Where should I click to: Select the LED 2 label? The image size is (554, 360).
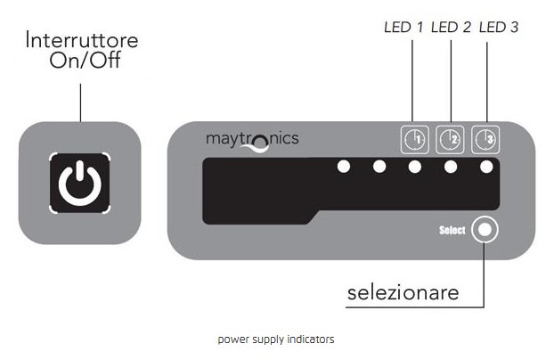pyautogui.click(x=451, y=28)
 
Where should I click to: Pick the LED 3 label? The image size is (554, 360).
pyautogui.click(x=499, y=28)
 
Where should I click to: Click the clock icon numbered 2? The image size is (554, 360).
pyautogui.click(x=451, y=138)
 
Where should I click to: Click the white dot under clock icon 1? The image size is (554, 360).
pyautogui.click(x=415, y=167)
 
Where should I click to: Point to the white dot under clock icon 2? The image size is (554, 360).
pyautogui.click(x=451, y=167)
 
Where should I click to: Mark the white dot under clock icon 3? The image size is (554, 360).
pyautogui.click(x=486, y=167)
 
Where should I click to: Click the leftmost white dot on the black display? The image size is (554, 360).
pyautogui.click(x=343, y=167)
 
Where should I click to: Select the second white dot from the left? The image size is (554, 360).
pyautogui.click(x=379, y=167)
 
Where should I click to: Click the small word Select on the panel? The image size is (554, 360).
pyautogui.click(x=452, y=231)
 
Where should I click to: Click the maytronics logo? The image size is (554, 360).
pyautogui.click(x=252, y=140)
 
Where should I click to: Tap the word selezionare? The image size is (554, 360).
pyautogui.click(x=403, y=292)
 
